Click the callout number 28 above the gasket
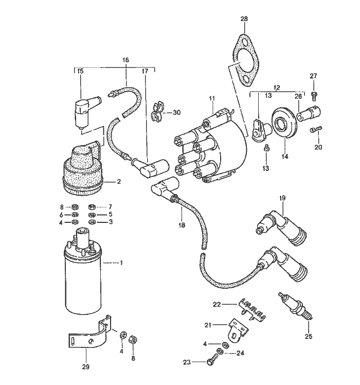point(244,19)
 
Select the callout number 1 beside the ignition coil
point(121,263)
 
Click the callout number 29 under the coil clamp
point(85,366)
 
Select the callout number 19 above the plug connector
point(282,198)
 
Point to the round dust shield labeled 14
point(283,122)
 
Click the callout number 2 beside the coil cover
point(119,181)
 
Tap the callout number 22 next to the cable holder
point(217,304)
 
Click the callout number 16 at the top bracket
point(125,60)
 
